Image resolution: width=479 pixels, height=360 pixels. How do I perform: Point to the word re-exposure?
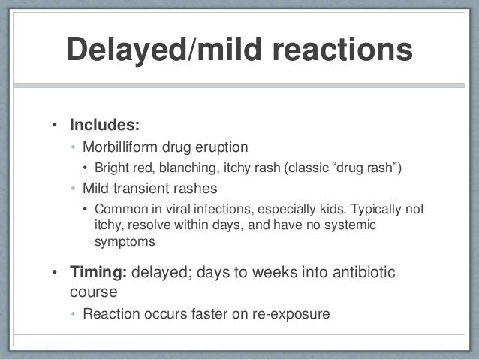pos(287,313)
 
